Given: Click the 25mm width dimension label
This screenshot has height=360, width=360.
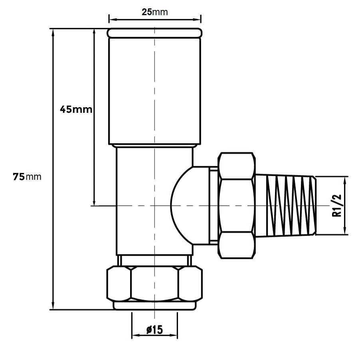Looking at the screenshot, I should pyautogui.click(x=154, y=12).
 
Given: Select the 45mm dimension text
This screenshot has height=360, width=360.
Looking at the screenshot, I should pyautogui.click(x=76, y=109).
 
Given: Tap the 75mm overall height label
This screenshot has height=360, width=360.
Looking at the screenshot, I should pyautogui.click(x=27, y=177).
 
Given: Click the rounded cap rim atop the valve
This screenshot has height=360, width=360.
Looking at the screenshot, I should pyautogui.click(x=154, y=33).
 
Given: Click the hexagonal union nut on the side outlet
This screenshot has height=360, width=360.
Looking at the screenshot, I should pyautogui.click(x=236, y=206).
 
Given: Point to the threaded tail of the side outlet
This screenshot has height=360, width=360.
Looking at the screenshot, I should pyautogui.click(x=285, y=206).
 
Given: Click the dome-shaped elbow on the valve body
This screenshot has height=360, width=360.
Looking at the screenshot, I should pyautogui.click(x=190, y=206).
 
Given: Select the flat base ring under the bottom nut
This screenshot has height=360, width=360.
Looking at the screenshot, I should pyautogui.click(x=154, y=306).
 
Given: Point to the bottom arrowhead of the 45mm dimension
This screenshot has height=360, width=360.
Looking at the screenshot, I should pyautogui.click(x=94, y=202).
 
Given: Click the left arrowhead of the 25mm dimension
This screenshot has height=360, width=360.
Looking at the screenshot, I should pyautogui.click(x=112, y=19).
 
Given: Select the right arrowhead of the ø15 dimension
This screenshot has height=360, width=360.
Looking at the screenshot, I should pyautogui.click(x=174, y=335).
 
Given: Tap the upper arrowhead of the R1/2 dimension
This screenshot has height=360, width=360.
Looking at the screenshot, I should pyautogui.click(x=345, y=179).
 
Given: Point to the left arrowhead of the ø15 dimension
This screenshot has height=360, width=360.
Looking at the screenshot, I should pyautogui.click(x=135, y=335).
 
